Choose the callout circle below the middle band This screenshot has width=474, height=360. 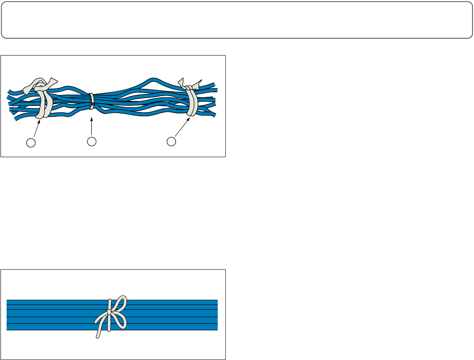tap(92, 141)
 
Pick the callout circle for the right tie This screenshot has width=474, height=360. tap(173, 141)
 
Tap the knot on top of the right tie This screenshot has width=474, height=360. tap(189, 87)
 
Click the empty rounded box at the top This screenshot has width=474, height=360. tap(237, 20)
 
